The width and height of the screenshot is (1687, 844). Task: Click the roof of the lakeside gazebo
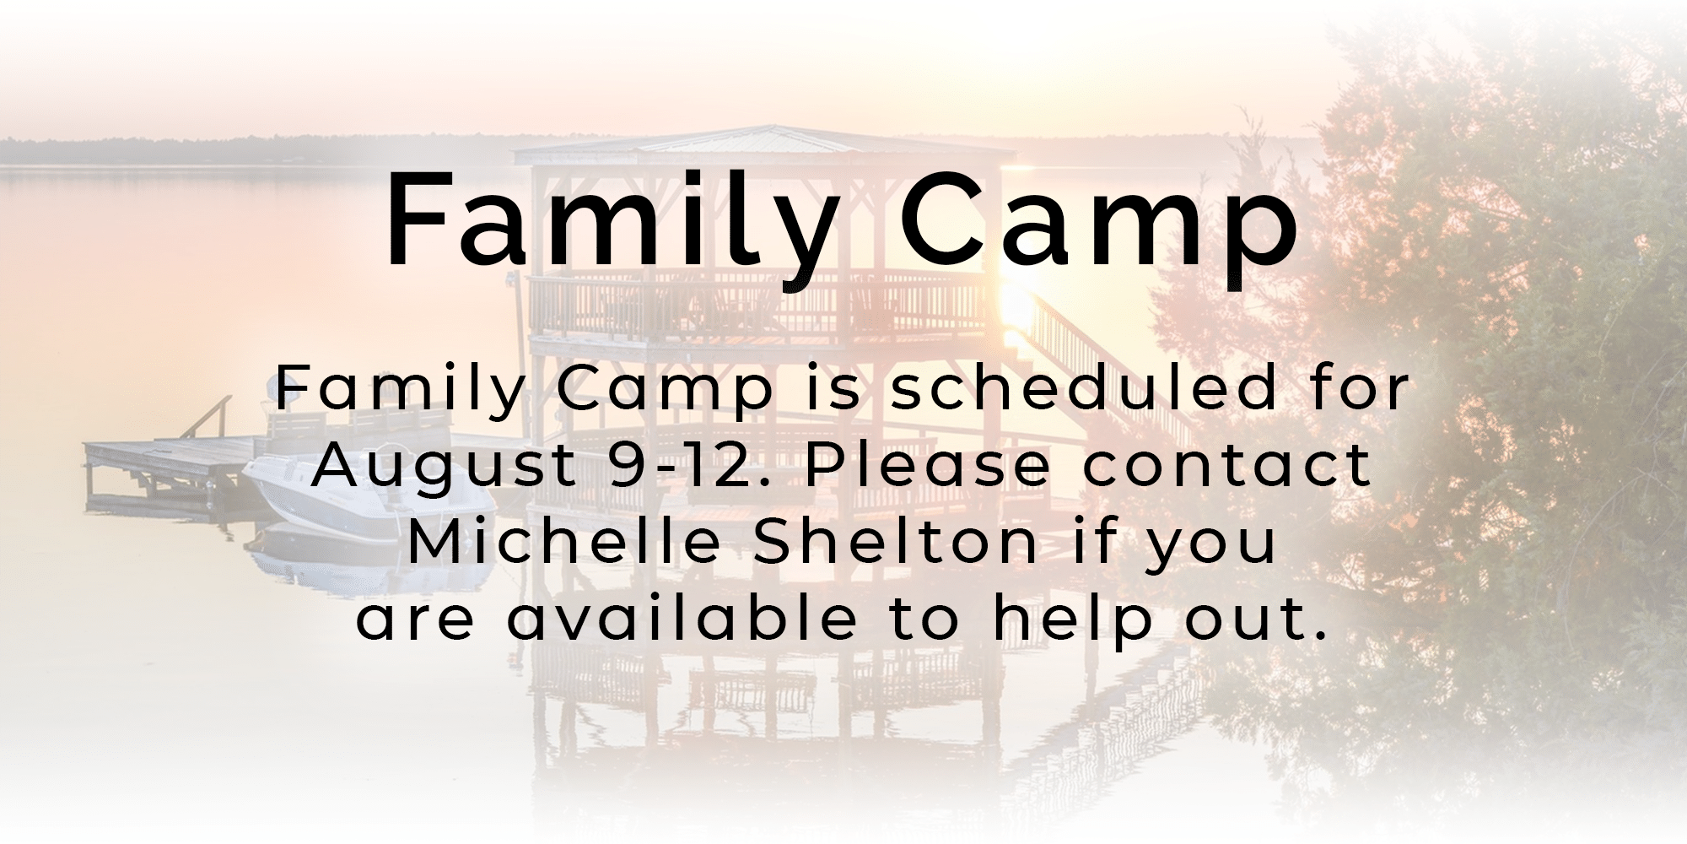click(764, 143)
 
